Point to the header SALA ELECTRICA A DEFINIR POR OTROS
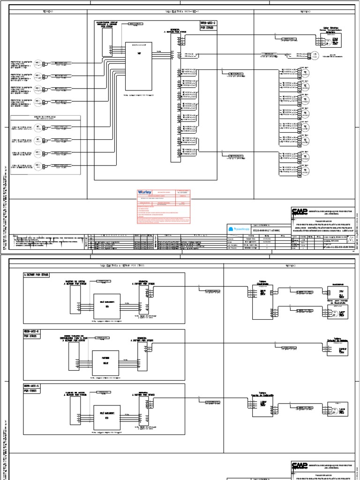[x=118, y=265]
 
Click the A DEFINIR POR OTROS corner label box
[x=36, y=275]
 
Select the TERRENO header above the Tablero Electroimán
[x=291, y=265]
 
